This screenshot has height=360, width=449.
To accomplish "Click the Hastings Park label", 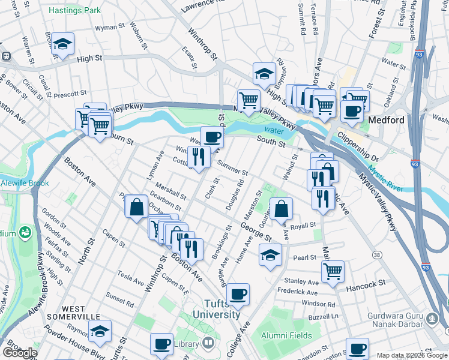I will tap(75, 11).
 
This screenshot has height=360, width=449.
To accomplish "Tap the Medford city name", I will tap(386, 120).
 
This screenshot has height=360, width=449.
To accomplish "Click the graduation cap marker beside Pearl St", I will tap(270, 254).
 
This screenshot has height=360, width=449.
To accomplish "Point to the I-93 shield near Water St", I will tap(418, 53).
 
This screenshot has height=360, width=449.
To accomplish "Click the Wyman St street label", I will tap(110, 28).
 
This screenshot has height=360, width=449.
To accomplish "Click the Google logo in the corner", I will tap(19, 352).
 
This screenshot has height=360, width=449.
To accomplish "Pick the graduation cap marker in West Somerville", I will tap(100, 329).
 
